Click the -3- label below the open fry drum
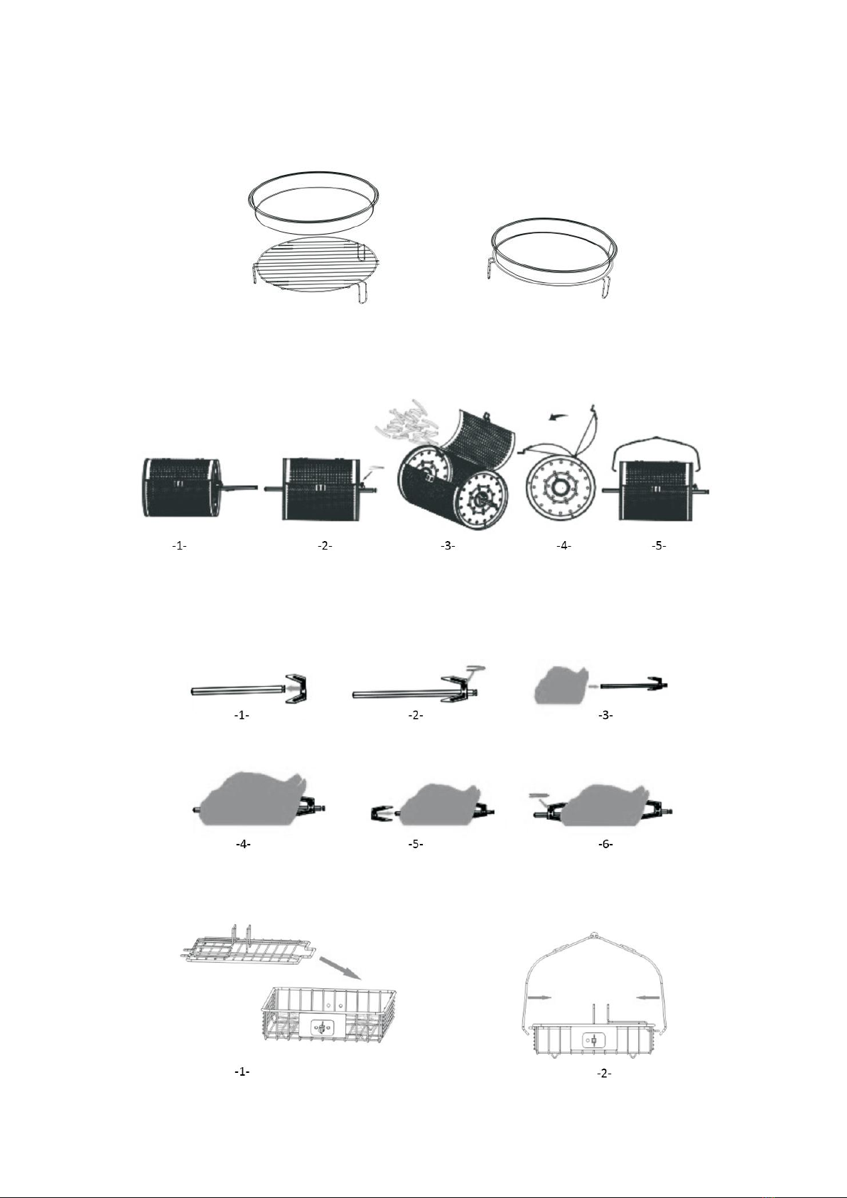[448, 545]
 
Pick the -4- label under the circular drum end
[563, 545]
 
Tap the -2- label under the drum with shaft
[325, 545]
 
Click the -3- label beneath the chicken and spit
[605, 715]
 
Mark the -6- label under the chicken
[605, 844]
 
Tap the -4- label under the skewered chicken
[243, 844]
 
